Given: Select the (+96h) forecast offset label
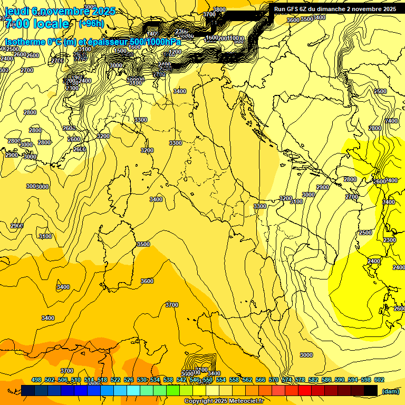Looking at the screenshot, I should coord(91,24).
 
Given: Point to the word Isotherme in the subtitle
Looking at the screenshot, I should coord(25,42).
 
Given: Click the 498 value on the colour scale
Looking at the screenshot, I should coord(36,380).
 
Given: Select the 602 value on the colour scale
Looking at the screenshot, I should coord(379,380).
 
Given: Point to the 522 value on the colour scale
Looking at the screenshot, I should coord(115,380).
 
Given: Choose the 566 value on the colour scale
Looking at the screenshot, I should coord(261,380).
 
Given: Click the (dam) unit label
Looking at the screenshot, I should coord(391,391).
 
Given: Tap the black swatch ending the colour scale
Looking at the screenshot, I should coord(371,390).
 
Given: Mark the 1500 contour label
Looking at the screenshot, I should coord(121,51).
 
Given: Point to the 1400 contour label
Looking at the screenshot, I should coord(152,34).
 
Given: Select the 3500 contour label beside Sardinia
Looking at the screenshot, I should coord(143,244).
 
